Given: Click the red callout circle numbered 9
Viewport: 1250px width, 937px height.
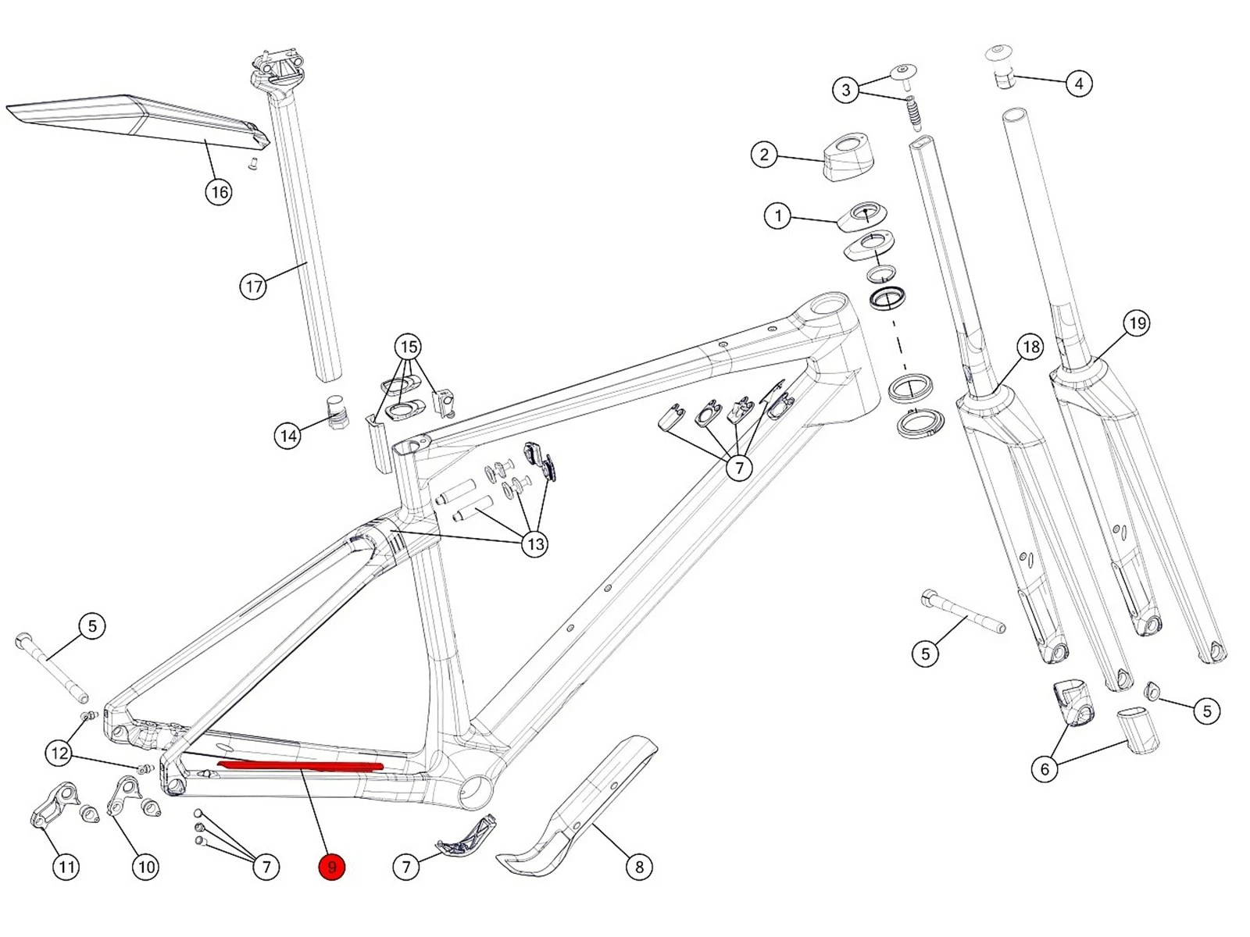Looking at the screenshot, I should pos(332,866).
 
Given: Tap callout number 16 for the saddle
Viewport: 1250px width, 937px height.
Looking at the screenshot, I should pos(219,191).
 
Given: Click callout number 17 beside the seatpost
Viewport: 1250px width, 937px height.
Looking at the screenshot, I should pos(253,287).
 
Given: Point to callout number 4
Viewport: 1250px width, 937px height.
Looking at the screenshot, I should pos(1079,83).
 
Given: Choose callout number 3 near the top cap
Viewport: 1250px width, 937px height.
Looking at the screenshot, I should pos(845,90).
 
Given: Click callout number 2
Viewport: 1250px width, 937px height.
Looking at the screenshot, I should pos(764,154).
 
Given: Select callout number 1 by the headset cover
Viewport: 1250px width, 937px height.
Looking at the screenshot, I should pos(777,216).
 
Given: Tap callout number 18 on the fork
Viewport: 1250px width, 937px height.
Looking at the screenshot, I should pos(1030,347).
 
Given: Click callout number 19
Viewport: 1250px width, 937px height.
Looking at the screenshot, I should pos(1137,322).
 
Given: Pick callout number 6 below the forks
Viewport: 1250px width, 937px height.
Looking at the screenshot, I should pos(1045,769).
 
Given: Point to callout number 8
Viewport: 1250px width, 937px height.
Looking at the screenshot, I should pos(639,866).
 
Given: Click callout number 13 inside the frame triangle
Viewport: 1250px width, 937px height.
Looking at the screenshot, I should pos(535,543).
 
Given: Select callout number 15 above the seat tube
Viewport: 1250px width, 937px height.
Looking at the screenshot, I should pos(408,346).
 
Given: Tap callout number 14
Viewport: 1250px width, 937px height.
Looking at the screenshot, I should pos(287,436).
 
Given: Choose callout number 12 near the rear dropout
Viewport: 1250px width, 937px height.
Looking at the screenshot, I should pos(59,754).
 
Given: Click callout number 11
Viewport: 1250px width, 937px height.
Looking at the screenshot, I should pos(66,866).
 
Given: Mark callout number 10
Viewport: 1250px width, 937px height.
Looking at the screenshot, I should pos(146,866).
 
